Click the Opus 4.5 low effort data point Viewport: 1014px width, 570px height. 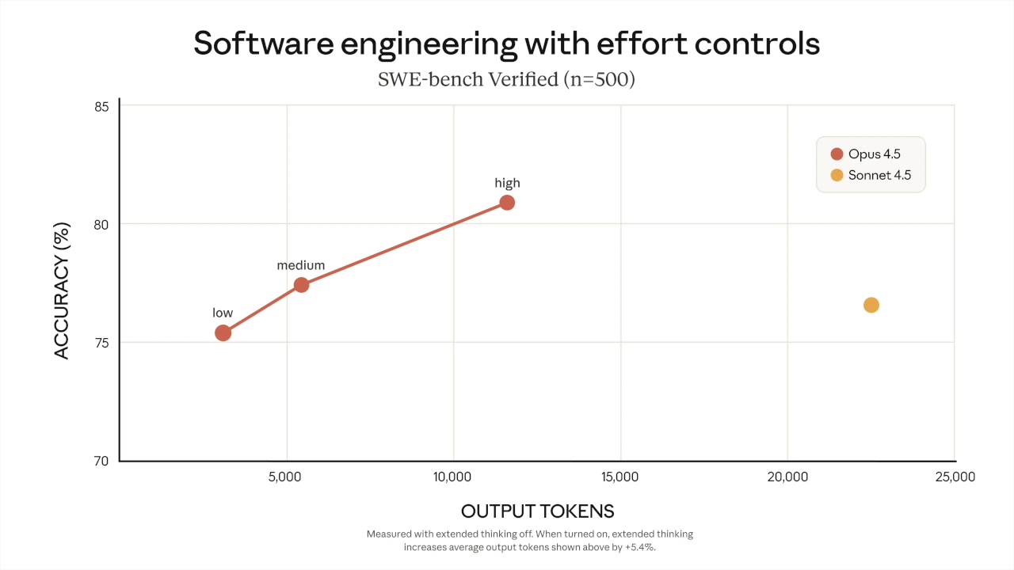coord(223,332)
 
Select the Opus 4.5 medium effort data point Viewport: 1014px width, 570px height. coord(301,285)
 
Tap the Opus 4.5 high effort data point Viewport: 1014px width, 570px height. coord(507,203)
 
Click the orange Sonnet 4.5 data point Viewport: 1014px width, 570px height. coord(871,305)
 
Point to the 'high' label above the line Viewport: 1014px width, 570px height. coord(507,183)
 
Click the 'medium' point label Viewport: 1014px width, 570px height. coord(300,265)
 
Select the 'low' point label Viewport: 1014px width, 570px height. coord(223,313)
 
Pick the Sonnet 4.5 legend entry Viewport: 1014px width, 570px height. coord(871,175)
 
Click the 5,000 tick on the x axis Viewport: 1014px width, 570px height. coord(286,477)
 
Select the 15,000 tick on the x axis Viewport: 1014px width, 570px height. coord(620,477)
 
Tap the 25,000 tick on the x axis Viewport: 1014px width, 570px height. coord(954,477)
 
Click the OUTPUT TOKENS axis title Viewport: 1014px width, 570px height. coord(537,511)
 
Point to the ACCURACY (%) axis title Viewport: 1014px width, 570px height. coord(63,294)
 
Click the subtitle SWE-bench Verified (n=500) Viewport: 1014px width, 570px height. coord(506,80)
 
